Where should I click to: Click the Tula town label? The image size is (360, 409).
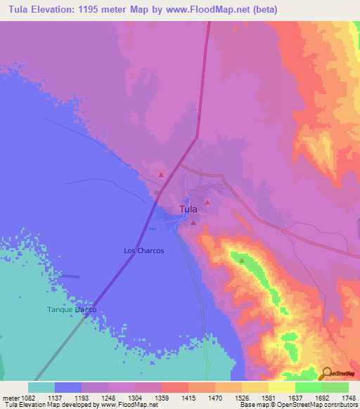pos(188,209)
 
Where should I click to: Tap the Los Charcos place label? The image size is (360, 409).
pos(143,250)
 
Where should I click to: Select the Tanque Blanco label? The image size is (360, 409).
pos(71,310)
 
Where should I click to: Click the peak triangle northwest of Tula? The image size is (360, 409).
pos(161,174)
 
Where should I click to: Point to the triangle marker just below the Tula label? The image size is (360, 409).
pos(193,223)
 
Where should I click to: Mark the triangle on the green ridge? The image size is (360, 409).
pos(243,261)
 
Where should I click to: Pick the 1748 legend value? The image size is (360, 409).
pos(348,397)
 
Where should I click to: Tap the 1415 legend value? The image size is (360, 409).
pos(188,397)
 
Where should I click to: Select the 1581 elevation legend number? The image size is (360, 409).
pos(269,397)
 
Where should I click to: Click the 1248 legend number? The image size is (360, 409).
pos(108,397)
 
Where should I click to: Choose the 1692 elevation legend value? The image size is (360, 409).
pos(321,397)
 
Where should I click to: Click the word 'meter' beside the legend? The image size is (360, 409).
pos(10,397)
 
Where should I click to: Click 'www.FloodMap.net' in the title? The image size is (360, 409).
pos(212,10)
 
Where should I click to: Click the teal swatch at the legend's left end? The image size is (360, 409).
pos(41,387)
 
